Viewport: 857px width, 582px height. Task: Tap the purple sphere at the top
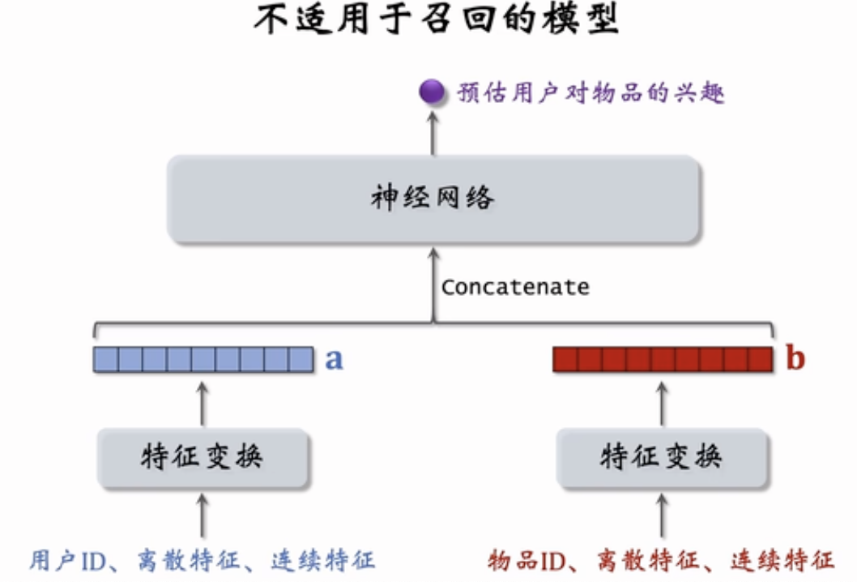432,92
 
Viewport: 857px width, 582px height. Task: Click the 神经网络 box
433,199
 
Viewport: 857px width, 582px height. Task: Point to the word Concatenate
515,287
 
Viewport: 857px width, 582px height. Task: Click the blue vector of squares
203,359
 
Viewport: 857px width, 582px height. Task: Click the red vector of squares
663,359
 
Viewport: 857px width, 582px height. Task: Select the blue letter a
334,359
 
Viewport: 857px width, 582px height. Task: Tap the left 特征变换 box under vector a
203,458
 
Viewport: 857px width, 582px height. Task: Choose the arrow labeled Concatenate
433,284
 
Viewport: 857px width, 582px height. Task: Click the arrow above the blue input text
203,516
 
